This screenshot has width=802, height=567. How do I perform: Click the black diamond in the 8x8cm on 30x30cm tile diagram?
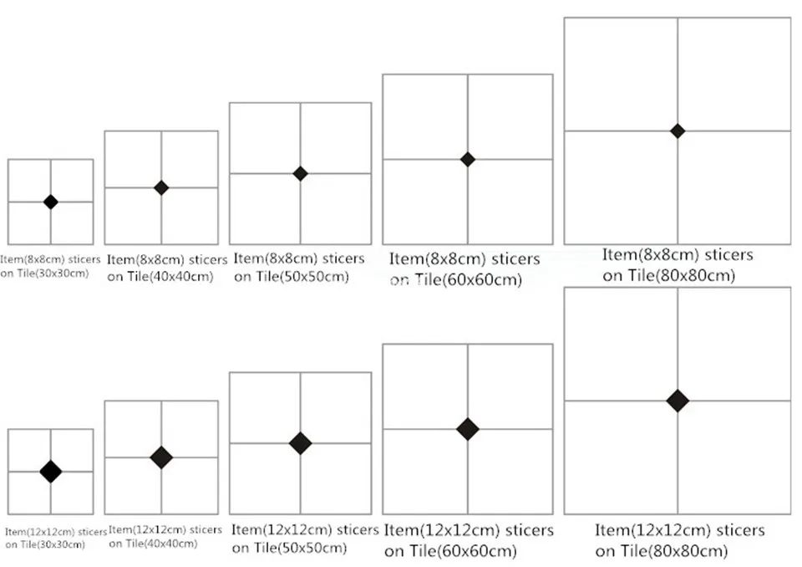tap(51, 202)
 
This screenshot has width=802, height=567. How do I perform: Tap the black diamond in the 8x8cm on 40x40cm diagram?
tap(161, 188)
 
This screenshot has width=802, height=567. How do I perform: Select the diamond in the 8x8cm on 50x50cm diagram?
tap(300, 174)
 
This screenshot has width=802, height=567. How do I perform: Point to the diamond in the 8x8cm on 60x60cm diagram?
tap(468, 159)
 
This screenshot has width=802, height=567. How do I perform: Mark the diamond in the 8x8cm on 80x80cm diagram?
tap(678, 131)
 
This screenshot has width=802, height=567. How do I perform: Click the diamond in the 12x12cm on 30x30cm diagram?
tap(51, 472)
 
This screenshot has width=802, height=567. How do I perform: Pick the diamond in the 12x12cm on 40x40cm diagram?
tap(161, 457)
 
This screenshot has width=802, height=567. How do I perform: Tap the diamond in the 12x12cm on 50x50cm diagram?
tap(300, 443)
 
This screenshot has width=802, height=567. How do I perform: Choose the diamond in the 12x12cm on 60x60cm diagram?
tap(468, 429)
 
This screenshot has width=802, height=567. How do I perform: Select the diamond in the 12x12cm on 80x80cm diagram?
tap(678, 401)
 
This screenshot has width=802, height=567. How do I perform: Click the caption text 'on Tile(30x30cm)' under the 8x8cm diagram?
tap(44, 273)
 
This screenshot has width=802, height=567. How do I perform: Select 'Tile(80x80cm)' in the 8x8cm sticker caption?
tap(682, 276)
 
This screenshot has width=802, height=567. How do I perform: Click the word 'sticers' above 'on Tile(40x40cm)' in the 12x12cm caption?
tap(206, 529)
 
